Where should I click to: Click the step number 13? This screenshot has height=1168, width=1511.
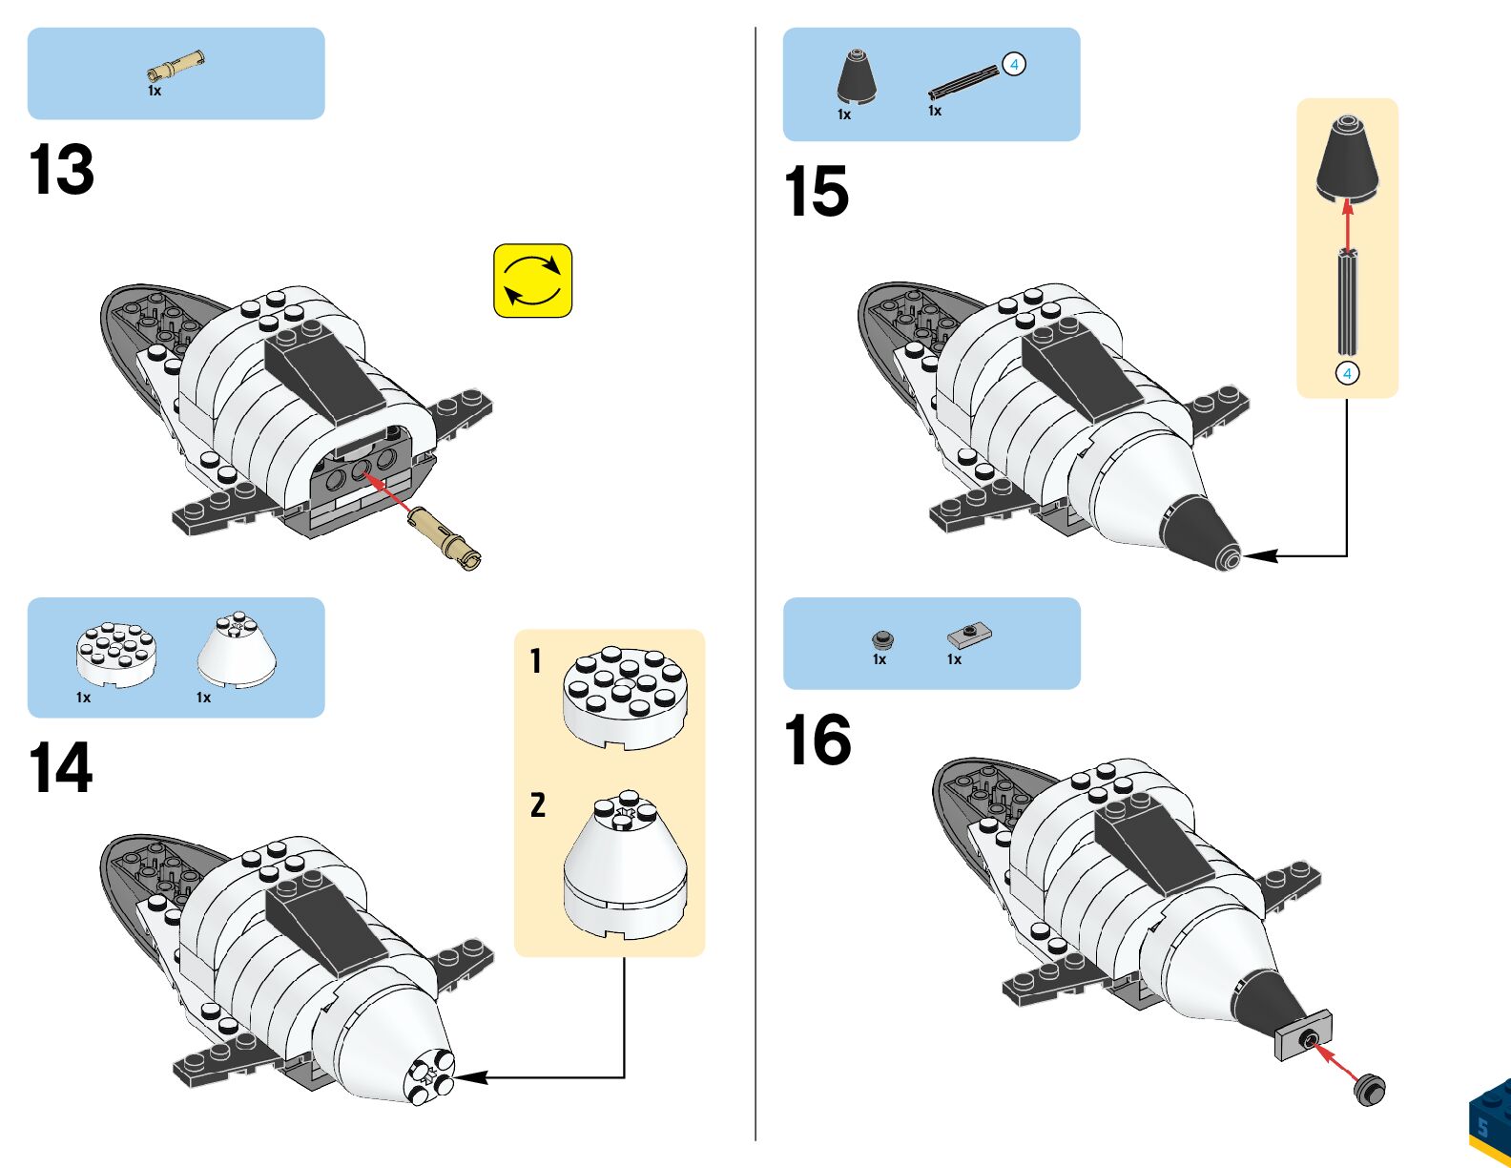(62, 170)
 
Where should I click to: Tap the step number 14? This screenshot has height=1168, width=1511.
(61, 768)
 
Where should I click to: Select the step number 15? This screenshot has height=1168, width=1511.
(817, 192)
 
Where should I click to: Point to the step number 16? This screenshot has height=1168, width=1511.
(818, 740)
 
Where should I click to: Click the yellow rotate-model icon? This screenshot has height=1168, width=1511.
(532, 281)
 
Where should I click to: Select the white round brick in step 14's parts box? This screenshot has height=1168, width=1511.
(116, 653)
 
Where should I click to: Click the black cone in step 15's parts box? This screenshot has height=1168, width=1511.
(857, 76)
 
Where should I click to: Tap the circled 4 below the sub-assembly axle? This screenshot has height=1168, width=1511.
(1347, 373)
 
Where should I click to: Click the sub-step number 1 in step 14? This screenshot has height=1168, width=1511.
(536, 660)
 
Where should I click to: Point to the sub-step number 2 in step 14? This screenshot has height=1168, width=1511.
(538, 804)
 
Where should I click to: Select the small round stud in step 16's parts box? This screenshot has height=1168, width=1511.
(882, 639)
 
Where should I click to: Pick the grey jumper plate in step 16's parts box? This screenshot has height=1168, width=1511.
(970, 634)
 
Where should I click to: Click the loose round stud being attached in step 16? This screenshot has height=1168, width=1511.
(1370, 1089)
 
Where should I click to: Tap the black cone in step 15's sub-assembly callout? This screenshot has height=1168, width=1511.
(1347, 157)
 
